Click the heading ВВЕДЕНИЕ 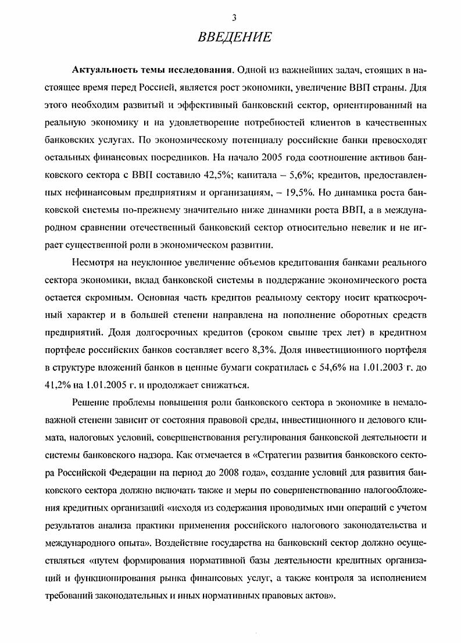(x=234, y=38)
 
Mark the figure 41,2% (x=58, y=383)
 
